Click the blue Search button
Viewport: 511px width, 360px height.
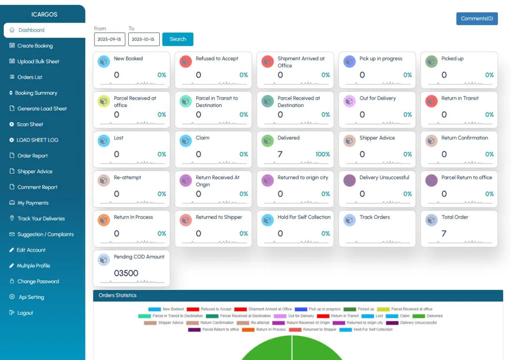coord(178,39)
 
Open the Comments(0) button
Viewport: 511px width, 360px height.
coord(477,19)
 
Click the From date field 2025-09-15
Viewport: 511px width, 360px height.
coord(109,39)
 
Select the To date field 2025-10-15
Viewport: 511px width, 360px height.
coord(144,39)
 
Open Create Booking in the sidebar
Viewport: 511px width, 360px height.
coord(35,46)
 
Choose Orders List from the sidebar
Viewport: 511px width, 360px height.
coord(30,77)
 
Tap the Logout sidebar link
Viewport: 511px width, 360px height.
coord(25,313)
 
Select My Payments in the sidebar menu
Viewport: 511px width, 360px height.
coord(33,203)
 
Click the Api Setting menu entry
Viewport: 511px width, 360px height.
coord(31,297)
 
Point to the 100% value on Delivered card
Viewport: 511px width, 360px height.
coord(323,154)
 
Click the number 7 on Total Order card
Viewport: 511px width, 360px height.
coord(444,233)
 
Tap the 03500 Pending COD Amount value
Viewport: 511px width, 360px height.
coord(126,273)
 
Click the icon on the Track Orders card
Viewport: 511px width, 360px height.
coord(349,220)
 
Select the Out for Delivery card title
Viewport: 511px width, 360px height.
coord(377,98)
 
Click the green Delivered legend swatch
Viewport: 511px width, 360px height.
coord(419,316)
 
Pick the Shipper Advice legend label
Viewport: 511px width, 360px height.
coord(170,323)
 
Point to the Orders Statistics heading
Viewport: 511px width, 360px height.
coord(118,295)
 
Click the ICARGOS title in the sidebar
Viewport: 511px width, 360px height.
coord(44,14)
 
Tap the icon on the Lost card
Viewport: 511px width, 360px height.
coord(103,141)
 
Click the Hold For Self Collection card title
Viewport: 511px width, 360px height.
coord(304,217)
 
